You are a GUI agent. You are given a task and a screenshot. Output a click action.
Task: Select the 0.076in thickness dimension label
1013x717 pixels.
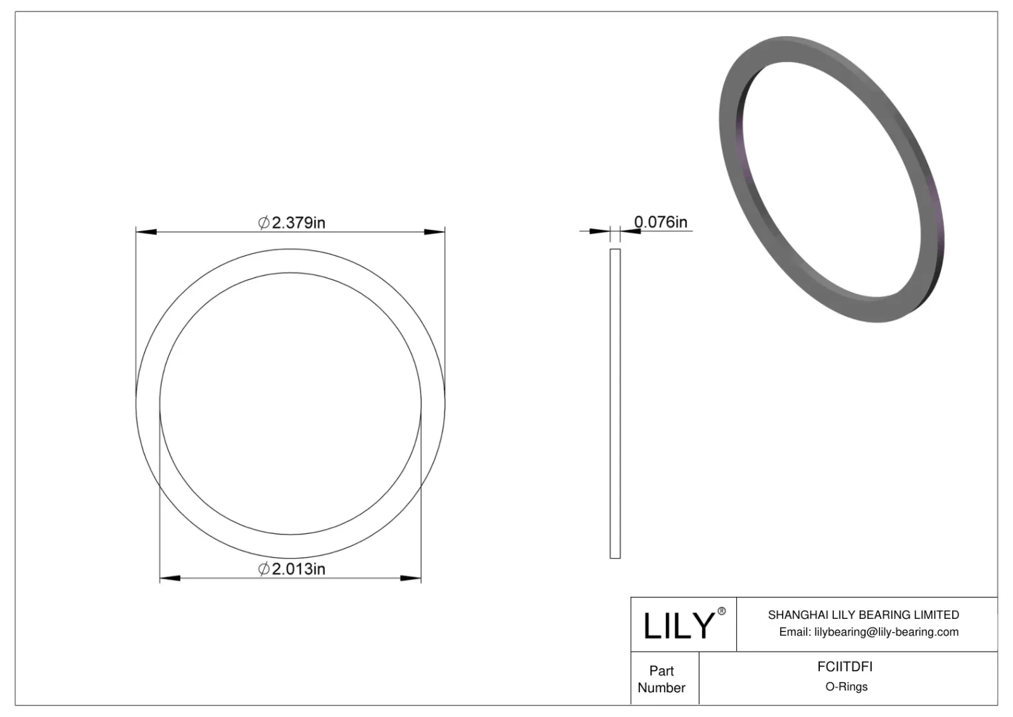tap(660, 222)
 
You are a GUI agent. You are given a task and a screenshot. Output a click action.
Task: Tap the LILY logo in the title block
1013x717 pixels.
tap(679, 625)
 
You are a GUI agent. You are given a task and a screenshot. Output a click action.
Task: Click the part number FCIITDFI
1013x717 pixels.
tap(845, 666)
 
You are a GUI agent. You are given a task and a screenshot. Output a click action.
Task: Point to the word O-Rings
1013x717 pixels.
tap(846, 687)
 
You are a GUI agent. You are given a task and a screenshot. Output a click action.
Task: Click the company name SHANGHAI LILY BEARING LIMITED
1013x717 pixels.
tap(863, 614)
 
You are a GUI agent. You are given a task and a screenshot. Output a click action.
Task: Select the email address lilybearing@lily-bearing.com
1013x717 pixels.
tap(886, 631)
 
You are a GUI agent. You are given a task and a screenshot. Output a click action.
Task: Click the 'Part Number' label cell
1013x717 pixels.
tap(662, 679)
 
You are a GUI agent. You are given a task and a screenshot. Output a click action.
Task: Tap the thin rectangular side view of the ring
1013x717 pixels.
tap(615, 403)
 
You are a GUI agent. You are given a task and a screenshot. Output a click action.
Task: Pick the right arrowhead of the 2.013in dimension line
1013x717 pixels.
tap(411, 578)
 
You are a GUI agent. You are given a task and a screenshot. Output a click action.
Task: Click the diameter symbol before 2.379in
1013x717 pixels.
tap(264, 223)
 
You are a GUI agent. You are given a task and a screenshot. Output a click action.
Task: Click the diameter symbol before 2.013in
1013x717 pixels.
tap(264, 569)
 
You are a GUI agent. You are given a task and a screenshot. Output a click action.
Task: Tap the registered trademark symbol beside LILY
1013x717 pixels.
tap(721, 611)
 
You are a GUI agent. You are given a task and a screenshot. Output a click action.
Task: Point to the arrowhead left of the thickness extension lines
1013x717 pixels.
tap(599, 231)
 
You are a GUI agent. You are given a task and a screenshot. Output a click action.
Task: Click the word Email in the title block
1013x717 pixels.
tap(794, 631)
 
